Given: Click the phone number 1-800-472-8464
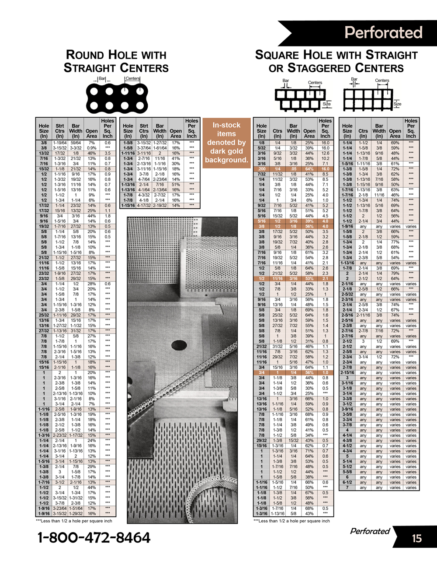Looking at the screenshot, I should click(x=94, y=537).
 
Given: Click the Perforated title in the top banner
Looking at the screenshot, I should click(x=383, y=32).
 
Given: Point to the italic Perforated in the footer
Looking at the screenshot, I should click(x=370, y=531).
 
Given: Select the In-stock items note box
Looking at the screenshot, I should click(x=226, y=143).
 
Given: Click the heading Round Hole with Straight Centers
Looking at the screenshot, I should click(x=116, y=61).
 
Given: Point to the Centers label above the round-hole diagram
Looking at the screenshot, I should click(x=133, y=79).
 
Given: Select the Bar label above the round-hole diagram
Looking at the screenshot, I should click(x=102, y=79).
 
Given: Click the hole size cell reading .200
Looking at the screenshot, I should click(x=261, y=169).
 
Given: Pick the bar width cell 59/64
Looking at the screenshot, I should click(x=76, y=143).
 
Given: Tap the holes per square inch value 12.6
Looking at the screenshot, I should click(x=325, y=153).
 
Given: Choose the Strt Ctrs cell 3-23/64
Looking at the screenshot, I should click(x=60, y=508).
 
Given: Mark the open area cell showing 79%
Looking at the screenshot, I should click(x=395, y=273).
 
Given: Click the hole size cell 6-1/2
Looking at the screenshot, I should click(x=347, y=482).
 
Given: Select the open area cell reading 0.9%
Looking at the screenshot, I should click(x=92, y=148).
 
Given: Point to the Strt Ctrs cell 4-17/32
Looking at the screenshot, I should click(x=144, y=205).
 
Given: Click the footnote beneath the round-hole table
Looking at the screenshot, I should click(x=74, y=521).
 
